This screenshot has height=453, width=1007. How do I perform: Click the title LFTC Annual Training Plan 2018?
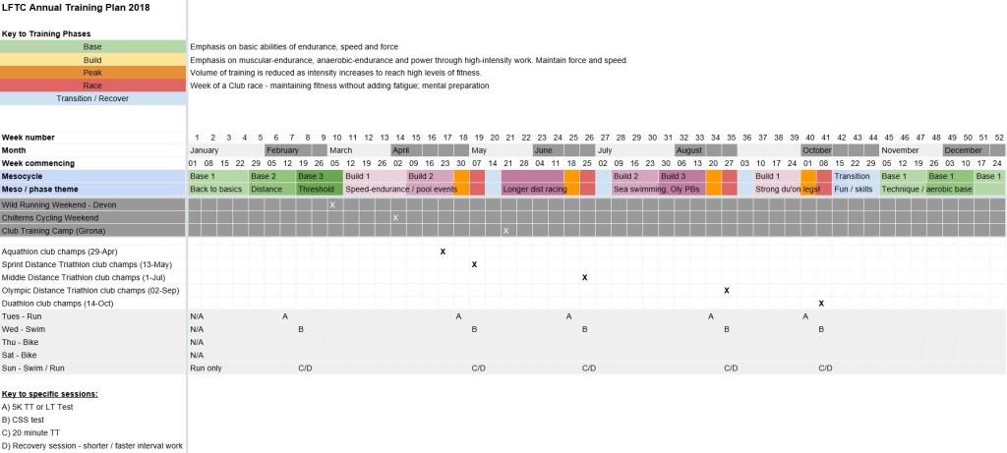point(69,7)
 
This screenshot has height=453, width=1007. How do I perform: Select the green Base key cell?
point(92,46)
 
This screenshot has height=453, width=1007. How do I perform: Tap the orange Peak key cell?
point(92,72)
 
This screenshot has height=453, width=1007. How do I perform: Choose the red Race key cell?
point(92,85)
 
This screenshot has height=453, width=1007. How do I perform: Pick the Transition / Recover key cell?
point(92,97)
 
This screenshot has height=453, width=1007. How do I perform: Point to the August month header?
point(689,150)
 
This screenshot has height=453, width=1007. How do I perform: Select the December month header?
point(963,150)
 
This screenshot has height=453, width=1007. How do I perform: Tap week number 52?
point(998,138)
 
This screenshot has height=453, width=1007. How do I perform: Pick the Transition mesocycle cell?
point(852,176)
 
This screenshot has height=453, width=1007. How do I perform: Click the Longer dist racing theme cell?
point(532,189)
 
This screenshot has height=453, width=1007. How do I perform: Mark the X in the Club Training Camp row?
point(505,231)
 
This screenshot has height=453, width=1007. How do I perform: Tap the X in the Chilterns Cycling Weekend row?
point(395,217)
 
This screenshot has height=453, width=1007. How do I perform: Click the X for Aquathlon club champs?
point(443,252)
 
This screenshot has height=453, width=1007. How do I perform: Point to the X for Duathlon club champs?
point(820,304)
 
